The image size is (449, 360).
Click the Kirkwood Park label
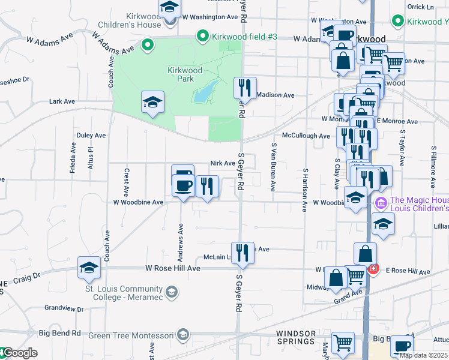pyautogui.click(x=184, y=74)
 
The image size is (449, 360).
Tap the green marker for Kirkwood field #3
pyautogui.click(x=203, y=37)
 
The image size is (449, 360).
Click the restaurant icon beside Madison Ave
pyautogui.click(x=245, y=88)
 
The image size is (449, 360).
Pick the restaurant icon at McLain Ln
pyautogui.click(x=243, y=253)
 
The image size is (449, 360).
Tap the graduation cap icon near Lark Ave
pyautogui.click(x=152, y=102)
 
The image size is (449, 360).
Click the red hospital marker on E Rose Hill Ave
pyautogui.click(x=373, y=269)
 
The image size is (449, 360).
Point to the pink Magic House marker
pyautogui.click(x=380, y=204)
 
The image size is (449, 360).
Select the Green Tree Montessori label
pyautogui.click(x=131, y=335)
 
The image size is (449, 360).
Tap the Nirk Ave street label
pyautogui.click(x=222, y=163)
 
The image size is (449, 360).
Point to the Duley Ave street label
pyautogui.click(x=91, y=136)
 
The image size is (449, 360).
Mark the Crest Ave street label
pyautogui.click(x=126, y=183)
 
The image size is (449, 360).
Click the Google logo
pyautogui.click(x=19, y=353)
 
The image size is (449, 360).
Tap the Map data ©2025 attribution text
pyautogui.click(x=423, y=355)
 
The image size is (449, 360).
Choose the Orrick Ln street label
pyautogui.click(x=420, y=7)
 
